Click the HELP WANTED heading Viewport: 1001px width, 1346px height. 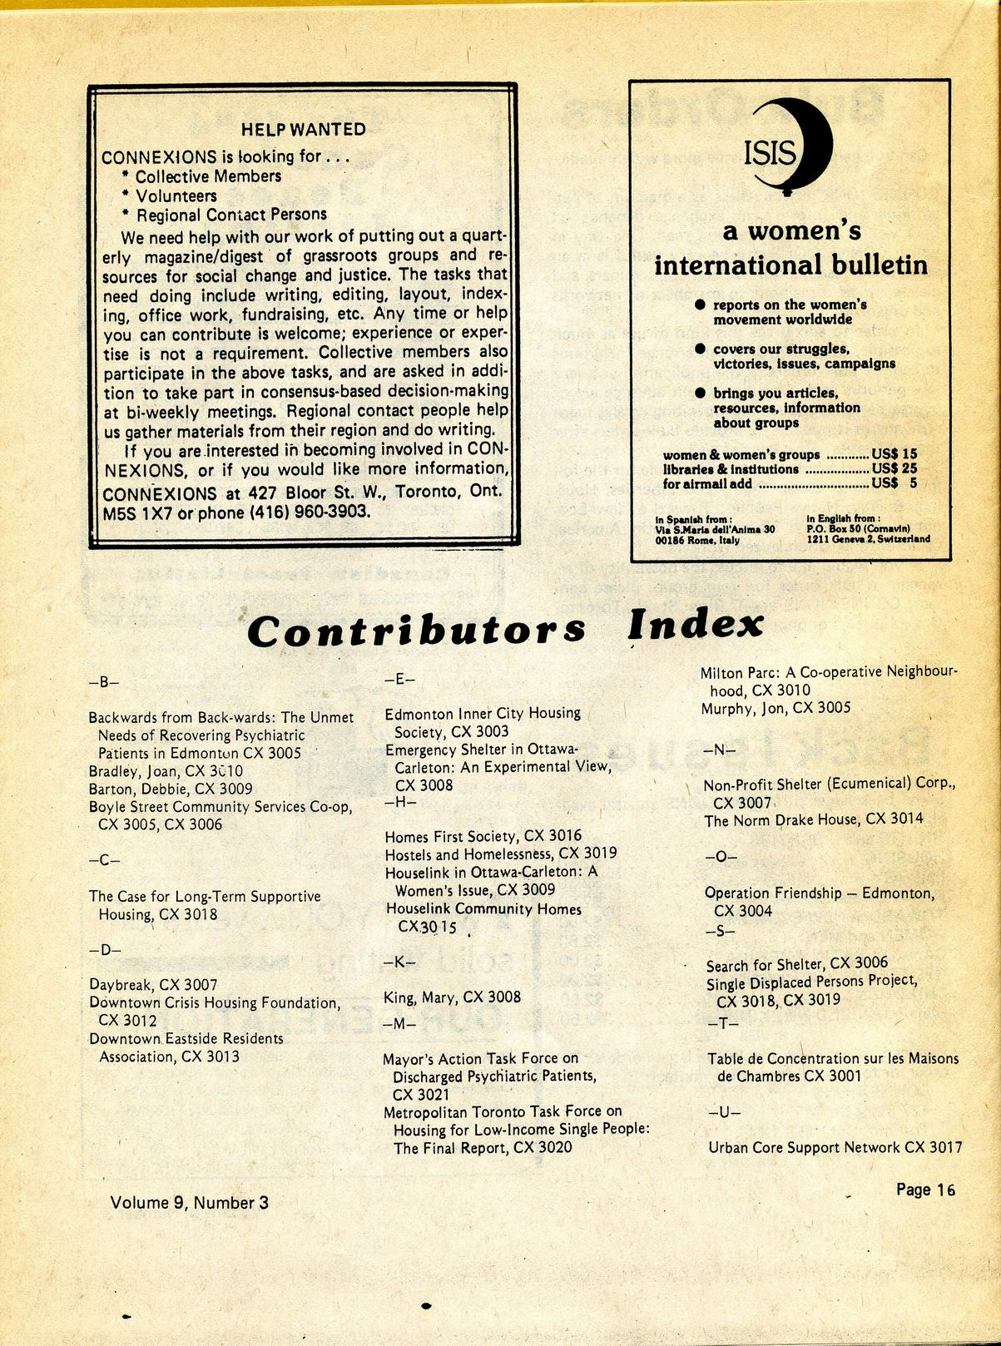[303, 129]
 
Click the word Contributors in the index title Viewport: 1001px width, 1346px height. [416, 630]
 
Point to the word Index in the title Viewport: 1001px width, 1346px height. [696, 625]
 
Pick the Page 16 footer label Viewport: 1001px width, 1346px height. [925, 1190]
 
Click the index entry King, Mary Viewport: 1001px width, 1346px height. [452, 997]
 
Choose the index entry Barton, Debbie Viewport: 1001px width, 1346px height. [171, 789]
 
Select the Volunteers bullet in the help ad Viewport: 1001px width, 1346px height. [176, 196]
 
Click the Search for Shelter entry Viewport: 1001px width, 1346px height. [796, 964]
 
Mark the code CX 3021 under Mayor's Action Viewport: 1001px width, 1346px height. [421, 1094]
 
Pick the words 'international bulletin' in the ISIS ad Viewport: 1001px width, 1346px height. [790, 265]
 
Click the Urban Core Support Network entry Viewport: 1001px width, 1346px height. [835, 1147]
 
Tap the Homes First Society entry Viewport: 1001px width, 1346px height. [483, 835]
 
